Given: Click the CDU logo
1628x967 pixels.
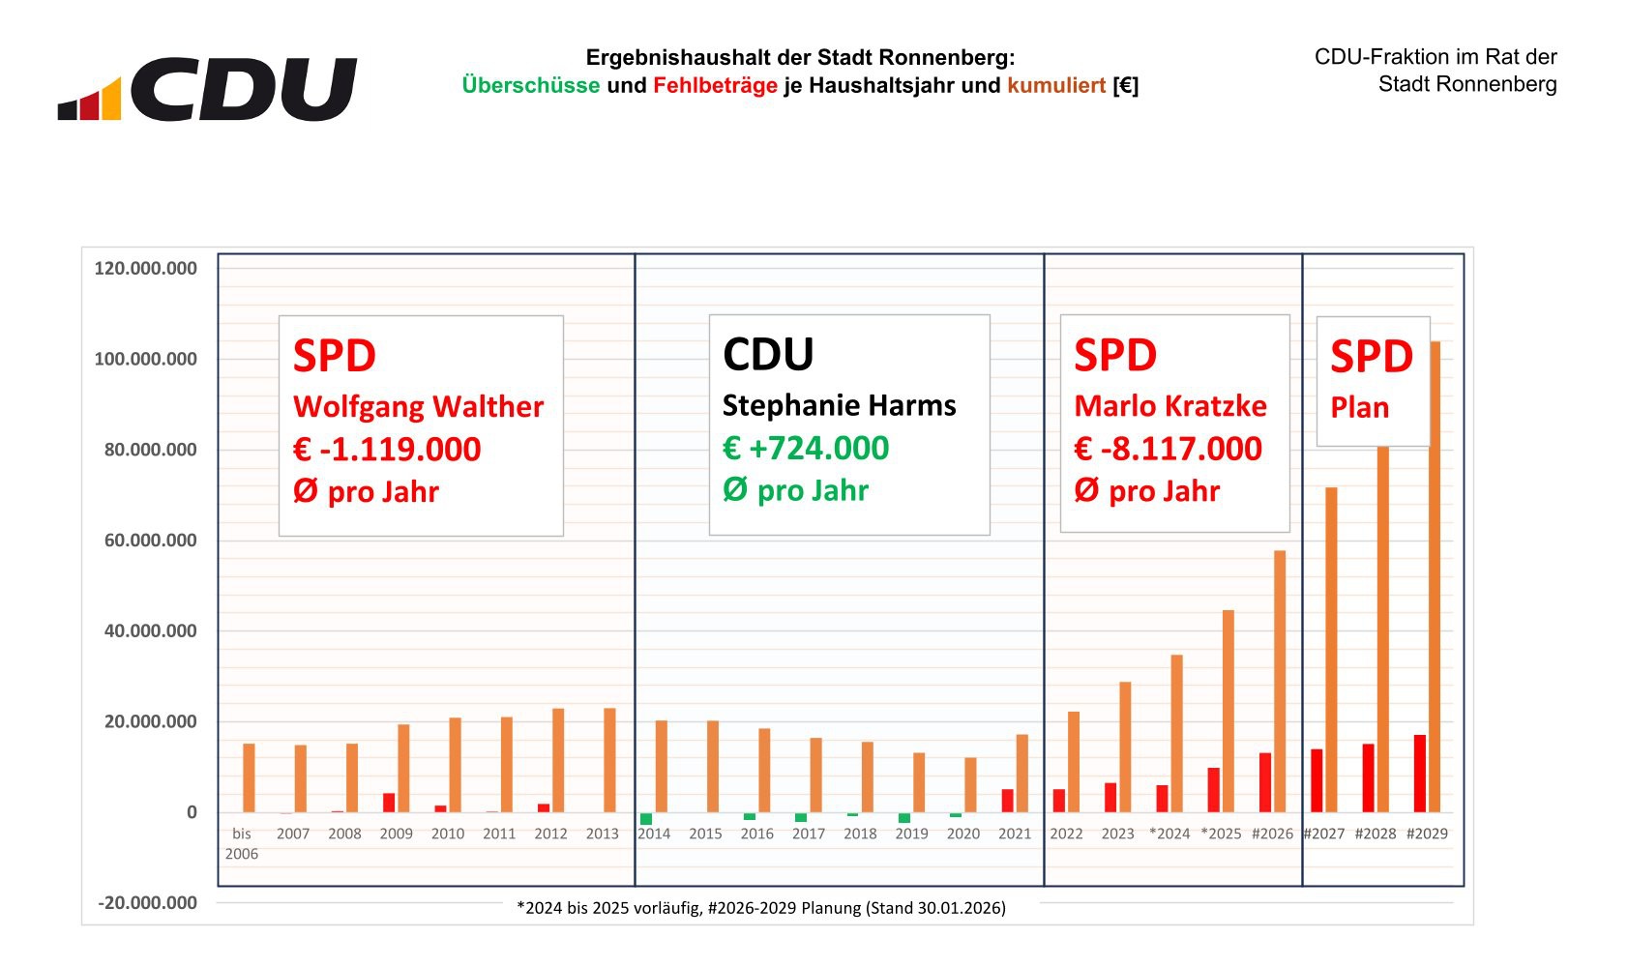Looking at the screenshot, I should [207, 89].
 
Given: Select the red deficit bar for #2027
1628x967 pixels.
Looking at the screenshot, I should [1317, 780].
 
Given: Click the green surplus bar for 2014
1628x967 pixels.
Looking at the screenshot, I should [646, 819].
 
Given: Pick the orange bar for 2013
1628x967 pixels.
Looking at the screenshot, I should [609, 760].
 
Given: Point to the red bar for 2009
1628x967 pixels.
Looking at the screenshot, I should [389, 803].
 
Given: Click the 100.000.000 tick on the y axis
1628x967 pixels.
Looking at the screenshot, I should [145, 359].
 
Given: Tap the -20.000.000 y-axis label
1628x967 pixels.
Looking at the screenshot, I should [147, 903].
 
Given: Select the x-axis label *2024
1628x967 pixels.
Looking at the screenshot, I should [1169, 834].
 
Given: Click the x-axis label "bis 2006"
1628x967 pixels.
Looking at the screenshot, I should [242, 843].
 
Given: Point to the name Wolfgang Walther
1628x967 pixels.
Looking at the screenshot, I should [418, 407].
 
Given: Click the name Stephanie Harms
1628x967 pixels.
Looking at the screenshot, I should [839, 406].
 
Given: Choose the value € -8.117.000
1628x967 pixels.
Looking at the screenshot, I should [1168, 449].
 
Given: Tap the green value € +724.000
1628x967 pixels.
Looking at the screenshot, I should [806, 449].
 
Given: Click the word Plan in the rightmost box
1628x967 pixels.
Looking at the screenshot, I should [1359, 408].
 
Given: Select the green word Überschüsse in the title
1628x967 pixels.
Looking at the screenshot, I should [530, 85].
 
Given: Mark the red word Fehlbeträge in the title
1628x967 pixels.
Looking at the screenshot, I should [715, 85].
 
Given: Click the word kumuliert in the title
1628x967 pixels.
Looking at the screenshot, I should [1056, 85].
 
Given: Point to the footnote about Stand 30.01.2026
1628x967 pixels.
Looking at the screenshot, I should [761, 908].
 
